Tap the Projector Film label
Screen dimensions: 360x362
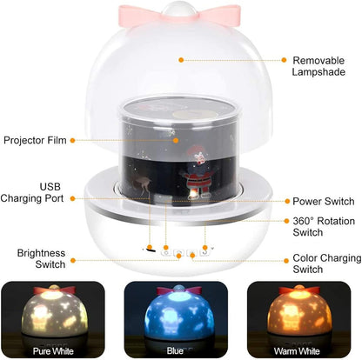tap(34, 140)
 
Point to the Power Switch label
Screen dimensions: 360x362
tap(322, 201)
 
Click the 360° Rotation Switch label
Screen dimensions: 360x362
tap(323, 228)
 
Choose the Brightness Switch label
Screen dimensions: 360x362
tap(41, 259)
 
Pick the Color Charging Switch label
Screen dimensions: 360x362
tap(325, 263)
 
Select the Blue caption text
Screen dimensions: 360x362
tap(179, 352)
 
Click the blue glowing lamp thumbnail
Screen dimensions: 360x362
tap(180, 314)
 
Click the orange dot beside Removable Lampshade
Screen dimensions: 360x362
tap(181, 60)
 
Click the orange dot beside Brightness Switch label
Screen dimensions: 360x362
tap(150, 249)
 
